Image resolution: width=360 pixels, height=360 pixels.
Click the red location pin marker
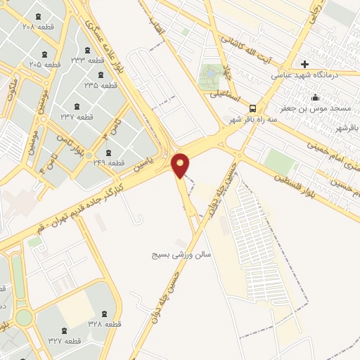point(181,164)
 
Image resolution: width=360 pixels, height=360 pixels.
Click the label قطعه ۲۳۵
point(101,85)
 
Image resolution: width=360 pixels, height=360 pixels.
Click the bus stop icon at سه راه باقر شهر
point(252,108)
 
